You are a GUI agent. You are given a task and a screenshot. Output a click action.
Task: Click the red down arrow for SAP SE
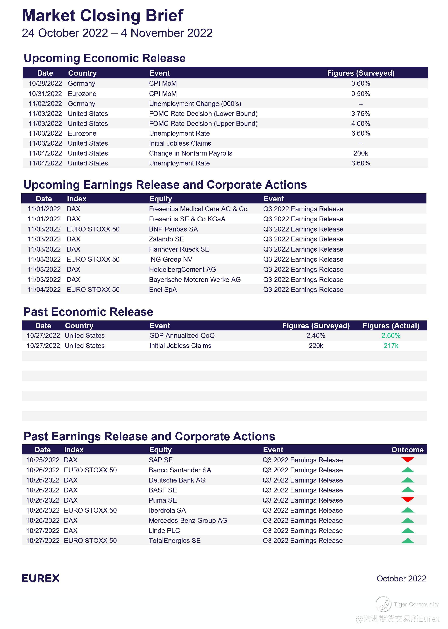pos(407,460)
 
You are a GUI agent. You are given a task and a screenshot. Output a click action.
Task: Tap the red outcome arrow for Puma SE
pos(407,500)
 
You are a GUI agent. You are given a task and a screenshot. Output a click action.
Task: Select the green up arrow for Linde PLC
pos(407,530)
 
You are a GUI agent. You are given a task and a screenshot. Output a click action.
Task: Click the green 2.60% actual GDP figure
pos(391,335)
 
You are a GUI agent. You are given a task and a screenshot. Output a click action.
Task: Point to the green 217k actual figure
pos(391,346)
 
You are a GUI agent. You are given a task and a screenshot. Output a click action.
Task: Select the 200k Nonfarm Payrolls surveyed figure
pos(361,153)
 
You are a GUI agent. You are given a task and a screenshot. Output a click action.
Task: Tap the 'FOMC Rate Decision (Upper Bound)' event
pos(203,124)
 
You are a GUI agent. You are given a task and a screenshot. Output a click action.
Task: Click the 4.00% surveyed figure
pos(361,124)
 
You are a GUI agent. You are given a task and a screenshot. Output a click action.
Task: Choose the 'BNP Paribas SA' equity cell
pos(173,229)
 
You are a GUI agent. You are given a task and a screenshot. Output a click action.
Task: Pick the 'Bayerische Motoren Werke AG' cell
pos(195,279)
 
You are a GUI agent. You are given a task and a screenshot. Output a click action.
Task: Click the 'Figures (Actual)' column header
pos(391,326)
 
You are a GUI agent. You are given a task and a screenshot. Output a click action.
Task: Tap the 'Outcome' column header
pos(407,450)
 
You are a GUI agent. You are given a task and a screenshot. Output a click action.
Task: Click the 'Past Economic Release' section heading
pos(88,312)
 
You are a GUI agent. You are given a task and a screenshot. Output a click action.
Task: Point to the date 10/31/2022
pos(45,94)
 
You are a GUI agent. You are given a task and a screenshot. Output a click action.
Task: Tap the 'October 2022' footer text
pos(401,579)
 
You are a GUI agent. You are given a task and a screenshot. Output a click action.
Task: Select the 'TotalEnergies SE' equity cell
pos(174,541)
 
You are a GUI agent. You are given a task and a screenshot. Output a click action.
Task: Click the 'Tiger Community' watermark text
pos(416,604)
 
